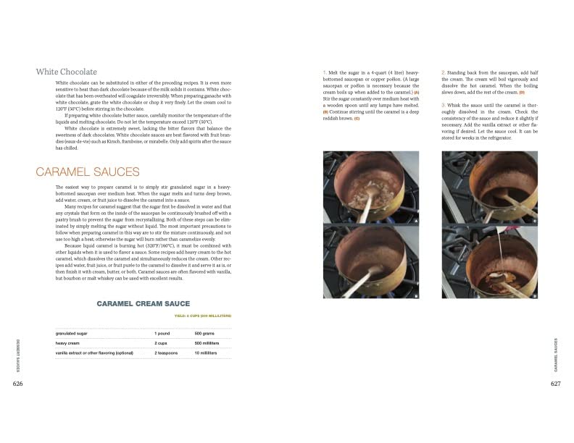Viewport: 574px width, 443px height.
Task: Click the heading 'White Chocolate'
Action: click(66, 72)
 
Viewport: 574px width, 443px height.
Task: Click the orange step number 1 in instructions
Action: click(325, 73)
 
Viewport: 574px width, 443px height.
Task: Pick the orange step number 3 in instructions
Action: click(442, 106)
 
